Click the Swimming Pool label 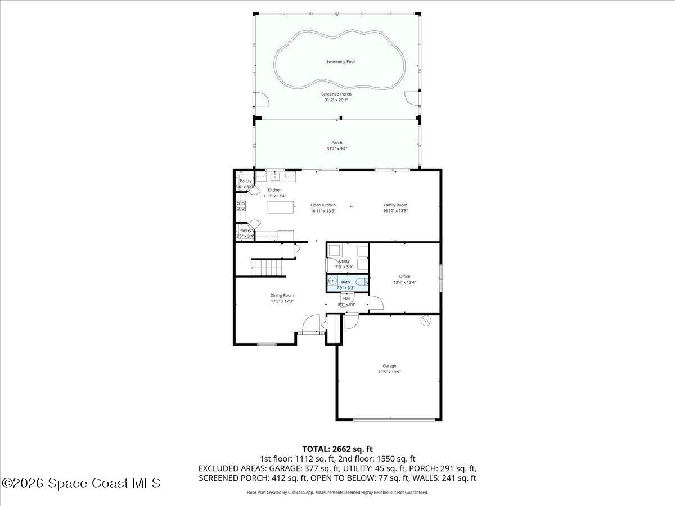coord(340,61)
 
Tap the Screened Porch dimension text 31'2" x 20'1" coord(336,100)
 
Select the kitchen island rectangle coord(281,207)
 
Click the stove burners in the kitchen coord(240,205)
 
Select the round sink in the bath coord(332,281)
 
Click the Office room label coord(404,276)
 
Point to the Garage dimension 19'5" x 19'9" coord(389,372)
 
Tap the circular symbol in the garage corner coord(426,320)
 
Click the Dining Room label coord(282,295)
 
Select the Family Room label coord(395,205)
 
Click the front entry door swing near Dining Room coord(309,324)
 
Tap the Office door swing coord(375,304)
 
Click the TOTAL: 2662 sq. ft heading coord(337,449)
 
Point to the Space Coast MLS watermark coord(81,483)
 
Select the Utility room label coord(344,261)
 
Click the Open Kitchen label coord(323,205)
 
